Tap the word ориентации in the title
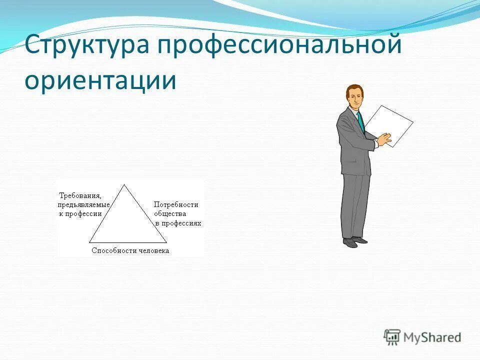[100, 80]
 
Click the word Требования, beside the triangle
[80, 195]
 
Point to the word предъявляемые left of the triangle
[83, 204]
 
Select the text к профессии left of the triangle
[80, 213]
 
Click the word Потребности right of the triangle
[176, 204]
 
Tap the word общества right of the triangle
[170, 213]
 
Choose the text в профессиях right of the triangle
[178, 223]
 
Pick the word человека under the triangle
[153, 251]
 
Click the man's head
[354, 96]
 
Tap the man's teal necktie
[360, 122]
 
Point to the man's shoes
[354, 242]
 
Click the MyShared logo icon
[392, 337]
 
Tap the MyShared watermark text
[431, 337]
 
